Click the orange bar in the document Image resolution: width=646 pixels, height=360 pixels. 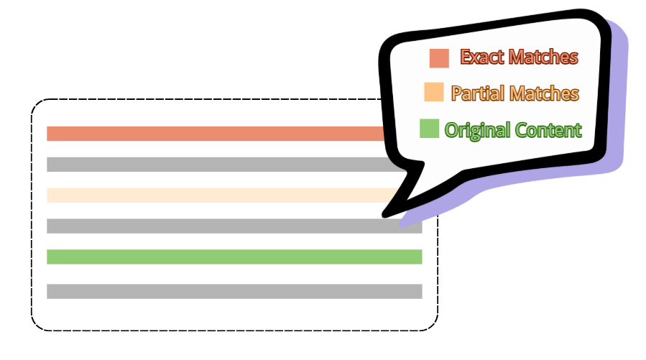pos(216,134)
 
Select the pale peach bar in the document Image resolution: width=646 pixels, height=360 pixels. pos(216,195)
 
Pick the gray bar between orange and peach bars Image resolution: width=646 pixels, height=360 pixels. pos(216,165)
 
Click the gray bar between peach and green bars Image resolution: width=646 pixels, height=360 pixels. pos(216,226)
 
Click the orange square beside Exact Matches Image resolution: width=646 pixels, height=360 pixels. pos(439,58)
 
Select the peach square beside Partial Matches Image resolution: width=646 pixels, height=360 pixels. pos(434,93)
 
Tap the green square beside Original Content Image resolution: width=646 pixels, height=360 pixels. pos(429,129)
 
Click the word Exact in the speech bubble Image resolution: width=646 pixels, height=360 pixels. pos(481,57)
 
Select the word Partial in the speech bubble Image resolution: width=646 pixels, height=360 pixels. pos(477,93)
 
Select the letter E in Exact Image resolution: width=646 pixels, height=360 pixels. pos(466,57)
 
